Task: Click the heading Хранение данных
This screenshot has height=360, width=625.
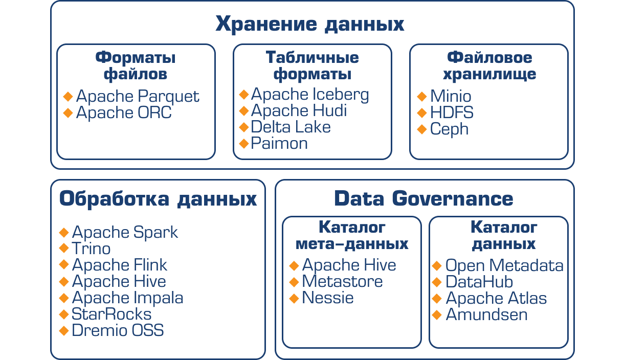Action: [x=310, y=24]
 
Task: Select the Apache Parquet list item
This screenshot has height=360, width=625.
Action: [x=138, y=97]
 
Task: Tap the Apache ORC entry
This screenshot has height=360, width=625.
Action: [x=124, y=112]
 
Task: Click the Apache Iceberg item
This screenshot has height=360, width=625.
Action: [x=310, y=95]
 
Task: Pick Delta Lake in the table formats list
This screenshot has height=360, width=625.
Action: [x=291, y=127]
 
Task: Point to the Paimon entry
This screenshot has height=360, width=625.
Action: [x=279, y=143]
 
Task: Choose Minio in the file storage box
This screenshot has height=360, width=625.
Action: [x=450, y=96]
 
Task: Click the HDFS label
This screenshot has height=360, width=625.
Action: [x=452, y=112]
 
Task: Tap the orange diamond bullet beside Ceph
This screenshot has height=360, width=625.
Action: [x=422, y=129]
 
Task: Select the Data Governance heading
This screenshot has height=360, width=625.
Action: [x=423, y=198]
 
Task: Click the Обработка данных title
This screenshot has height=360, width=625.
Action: [x=158, y=199]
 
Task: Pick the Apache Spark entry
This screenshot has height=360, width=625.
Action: [x=125, y=232]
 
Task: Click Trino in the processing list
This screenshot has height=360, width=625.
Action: [x=91, y=249]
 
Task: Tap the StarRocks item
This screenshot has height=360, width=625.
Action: [x=111, y=314]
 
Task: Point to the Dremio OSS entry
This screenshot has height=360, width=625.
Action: [x=118, y=330]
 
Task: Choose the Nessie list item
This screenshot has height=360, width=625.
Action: [x=328, y=298]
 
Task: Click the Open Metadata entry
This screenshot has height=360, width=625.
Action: [x=504, y=265]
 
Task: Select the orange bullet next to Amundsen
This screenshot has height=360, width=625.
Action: [x=437, y=315]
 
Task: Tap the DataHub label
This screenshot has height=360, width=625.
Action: [x=479, y=282]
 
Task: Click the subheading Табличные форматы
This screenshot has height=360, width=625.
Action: [x=312, y=66]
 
